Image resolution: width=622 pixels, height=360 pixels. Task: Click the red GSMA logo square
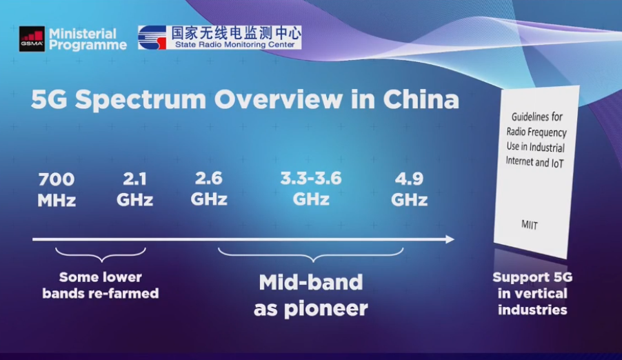pos(32,39)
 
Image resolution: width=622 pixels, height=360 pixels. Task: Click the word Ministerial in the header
pos(83,33)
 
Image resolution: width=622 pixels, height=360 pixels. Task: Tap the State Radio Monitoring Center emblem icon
pos(152,38)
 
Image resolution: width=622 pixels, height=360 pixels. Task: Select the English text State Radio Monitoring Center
pos(235,44)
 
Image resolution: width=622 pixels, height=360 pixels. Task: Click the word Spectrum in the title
pos(141,99)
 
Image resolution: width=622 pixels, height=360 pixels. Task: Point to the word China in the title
pos(421,99)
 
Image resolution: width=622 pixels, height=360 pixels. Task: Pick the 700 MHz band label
pos(57,190)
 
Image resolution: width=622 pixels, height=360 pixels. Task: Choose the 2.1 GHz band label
pos(135,189)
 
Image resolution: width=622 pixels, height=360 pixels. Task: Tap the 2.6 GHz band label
pos(209,188)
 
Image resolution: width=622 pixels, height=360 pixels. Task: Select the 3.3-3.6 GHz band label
pos(311,188)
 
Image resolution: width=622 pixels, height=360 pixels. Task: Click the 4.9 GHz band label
pos(410,189)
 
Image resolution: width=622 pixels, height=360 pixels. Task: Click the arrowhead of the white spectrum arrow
pos(450,239)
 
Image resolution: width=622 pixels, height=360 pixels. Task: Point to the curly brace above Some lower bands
pos(101,254)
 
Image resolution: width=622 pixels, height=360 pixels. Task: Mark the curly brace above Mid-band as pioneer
pos(312,254)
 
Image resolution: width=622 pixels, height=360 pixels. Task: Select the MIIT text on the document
pos(530,225)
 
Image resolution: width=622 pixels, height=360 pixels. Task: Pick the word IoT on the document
pos(557,163)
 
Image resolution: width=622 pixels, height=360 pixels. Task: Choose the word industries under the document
pos(532,310)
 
